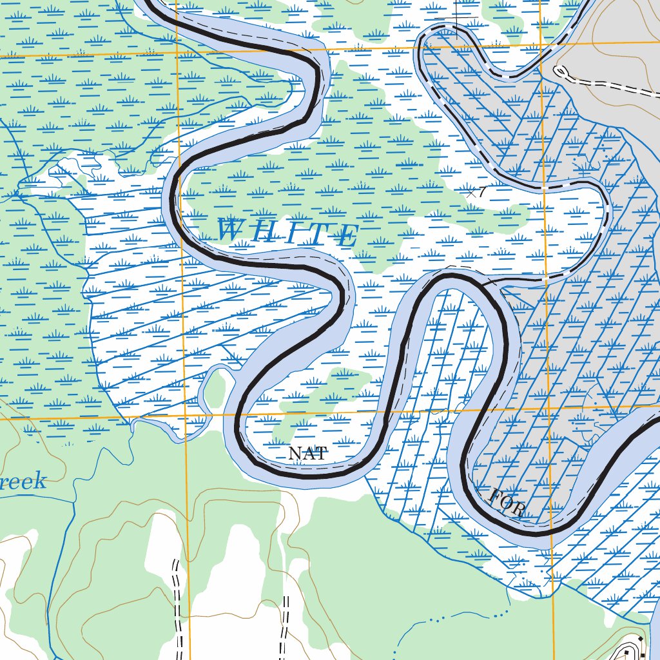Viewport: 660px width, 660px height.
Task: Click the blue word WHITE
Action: [287, 232]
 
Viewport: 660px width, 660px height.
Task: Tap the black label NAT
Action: [307, 454]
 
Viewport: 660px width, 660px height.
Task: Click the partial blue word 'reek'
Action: [23, 481]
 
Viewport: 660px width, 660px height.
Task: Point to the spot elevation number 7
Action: [481, 191]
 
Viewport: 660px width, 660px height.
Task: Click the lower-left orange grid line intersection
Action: [186, 418]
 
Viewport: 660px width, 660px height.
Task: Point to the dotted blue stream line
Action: [451, 619]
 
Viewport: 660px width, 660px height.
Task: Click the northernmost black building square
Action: [641, 638]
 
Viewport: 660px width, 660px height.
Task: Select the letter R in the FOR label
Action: [517, 510]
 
